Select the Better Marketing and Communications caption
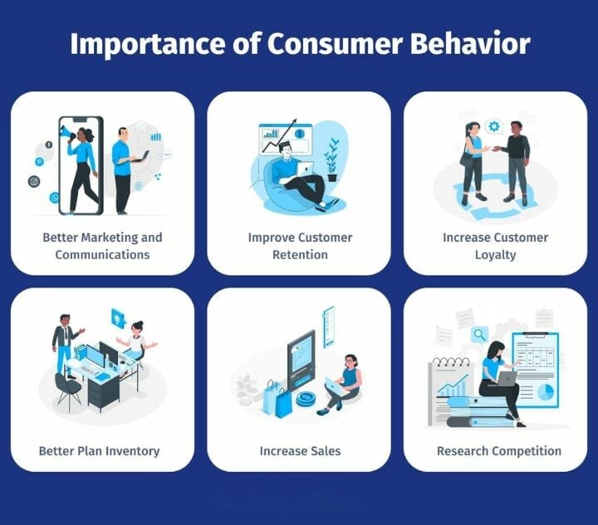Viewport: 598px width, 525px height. click(102, 246)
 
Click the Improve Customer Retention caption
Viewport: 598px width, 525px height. click(299, 246)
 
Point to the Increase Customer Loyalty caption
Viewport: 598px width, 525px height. click(495, 246)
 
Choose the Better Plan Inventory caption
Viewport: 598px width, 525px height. click(99, 451)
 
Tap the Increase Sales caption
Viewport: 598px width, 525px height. click(299, 451)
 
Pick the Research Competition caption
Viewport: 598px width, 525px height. click(498, 451)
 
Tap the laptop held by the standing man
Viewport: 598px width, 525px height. click(140, 157)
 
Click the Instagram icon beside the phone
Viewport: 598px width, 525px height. click(34, 181)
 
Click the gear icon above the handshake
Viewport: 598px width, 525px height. click(495, 126)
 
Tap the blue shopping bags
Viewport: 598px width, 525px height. click(277, 400)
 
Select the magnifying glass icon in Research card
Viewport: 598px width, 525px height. click(478, 335)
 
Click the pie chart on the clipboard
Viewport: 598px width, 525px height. click(545, 391)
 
